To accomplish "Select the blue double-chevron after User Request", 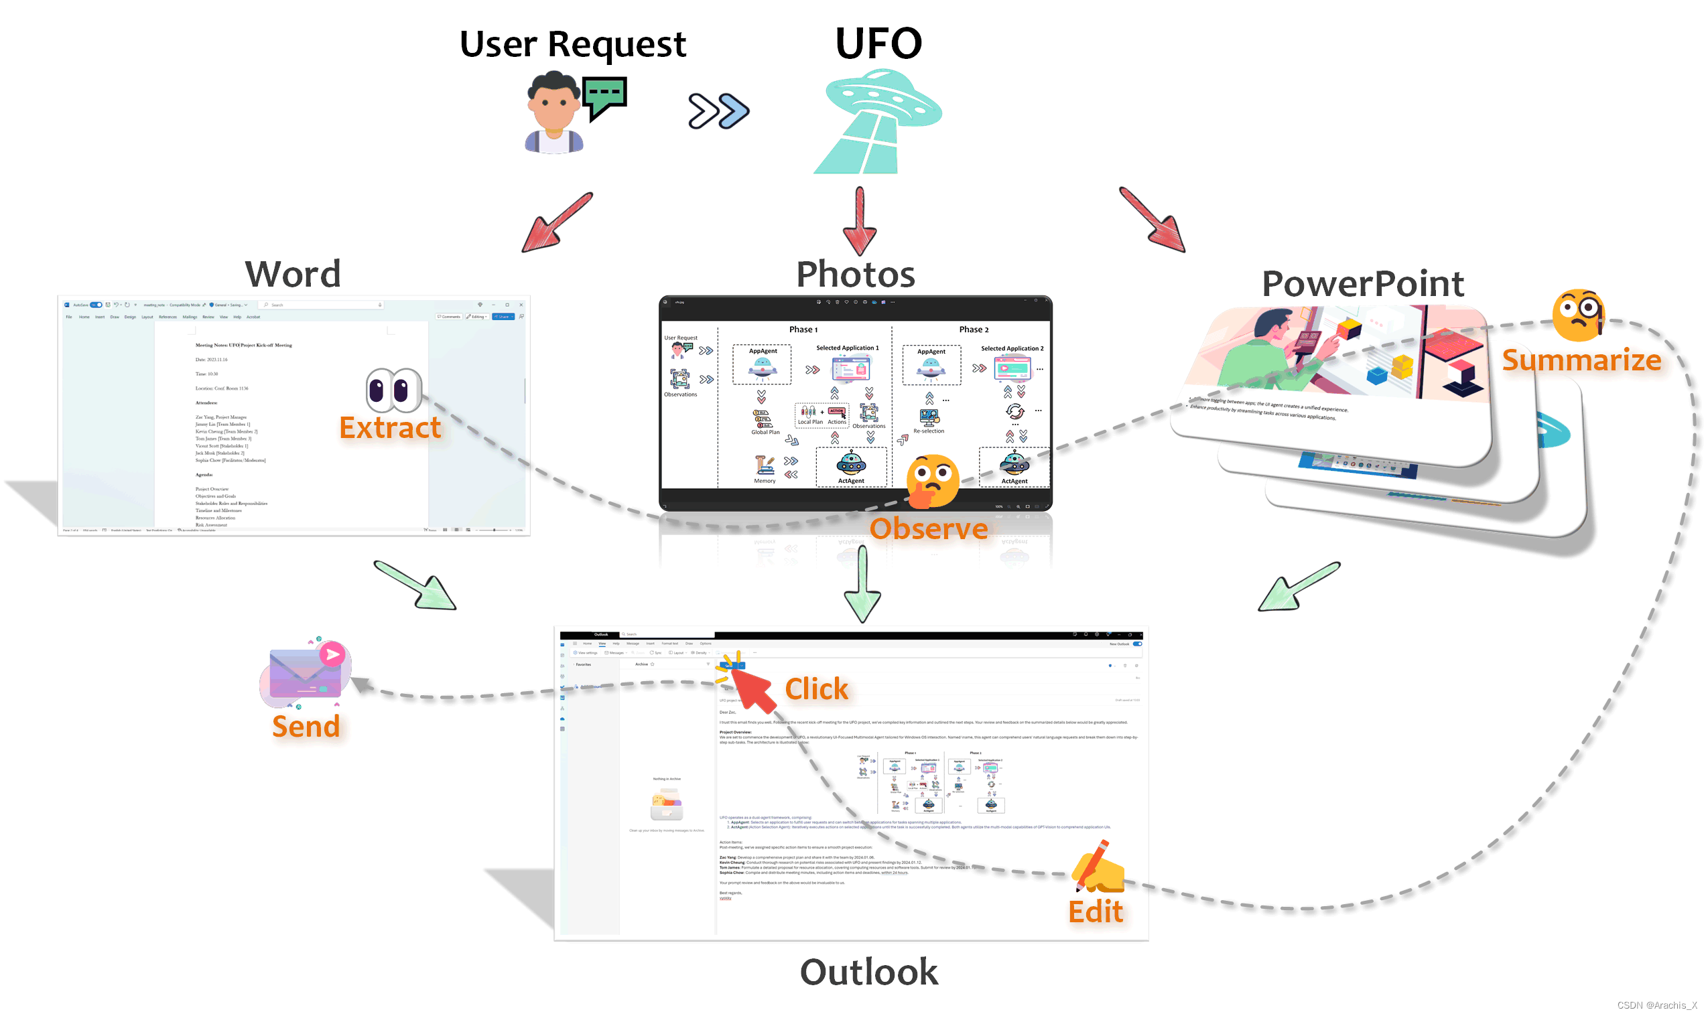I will pyautogui.click(x=718, y=111).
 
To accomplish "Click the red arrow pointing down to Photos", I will pyautogui.click(x=859, y=222).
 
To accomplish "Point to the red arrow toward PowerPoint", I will pyautogui.click(x=1154, y=220).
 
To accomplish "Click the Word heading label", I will pyautogui.click(x=292, y=274).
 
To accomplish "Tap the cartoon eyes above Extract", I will pyautogui.click(x=393, y=390).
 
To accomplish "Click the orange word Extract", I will pyautogui.click(x=390, y=428).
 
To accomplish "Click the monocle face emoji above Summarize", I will pyautogui.click(x=1577, y=314).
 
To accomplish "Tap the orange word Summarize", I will pyautogui.click(x=1581, y=360).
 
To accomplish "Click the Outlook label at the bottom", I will pyautogui.click(x=868, y=972).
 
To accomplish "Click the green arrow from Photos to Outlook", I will pyautogui.click(x=862, y=584).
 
